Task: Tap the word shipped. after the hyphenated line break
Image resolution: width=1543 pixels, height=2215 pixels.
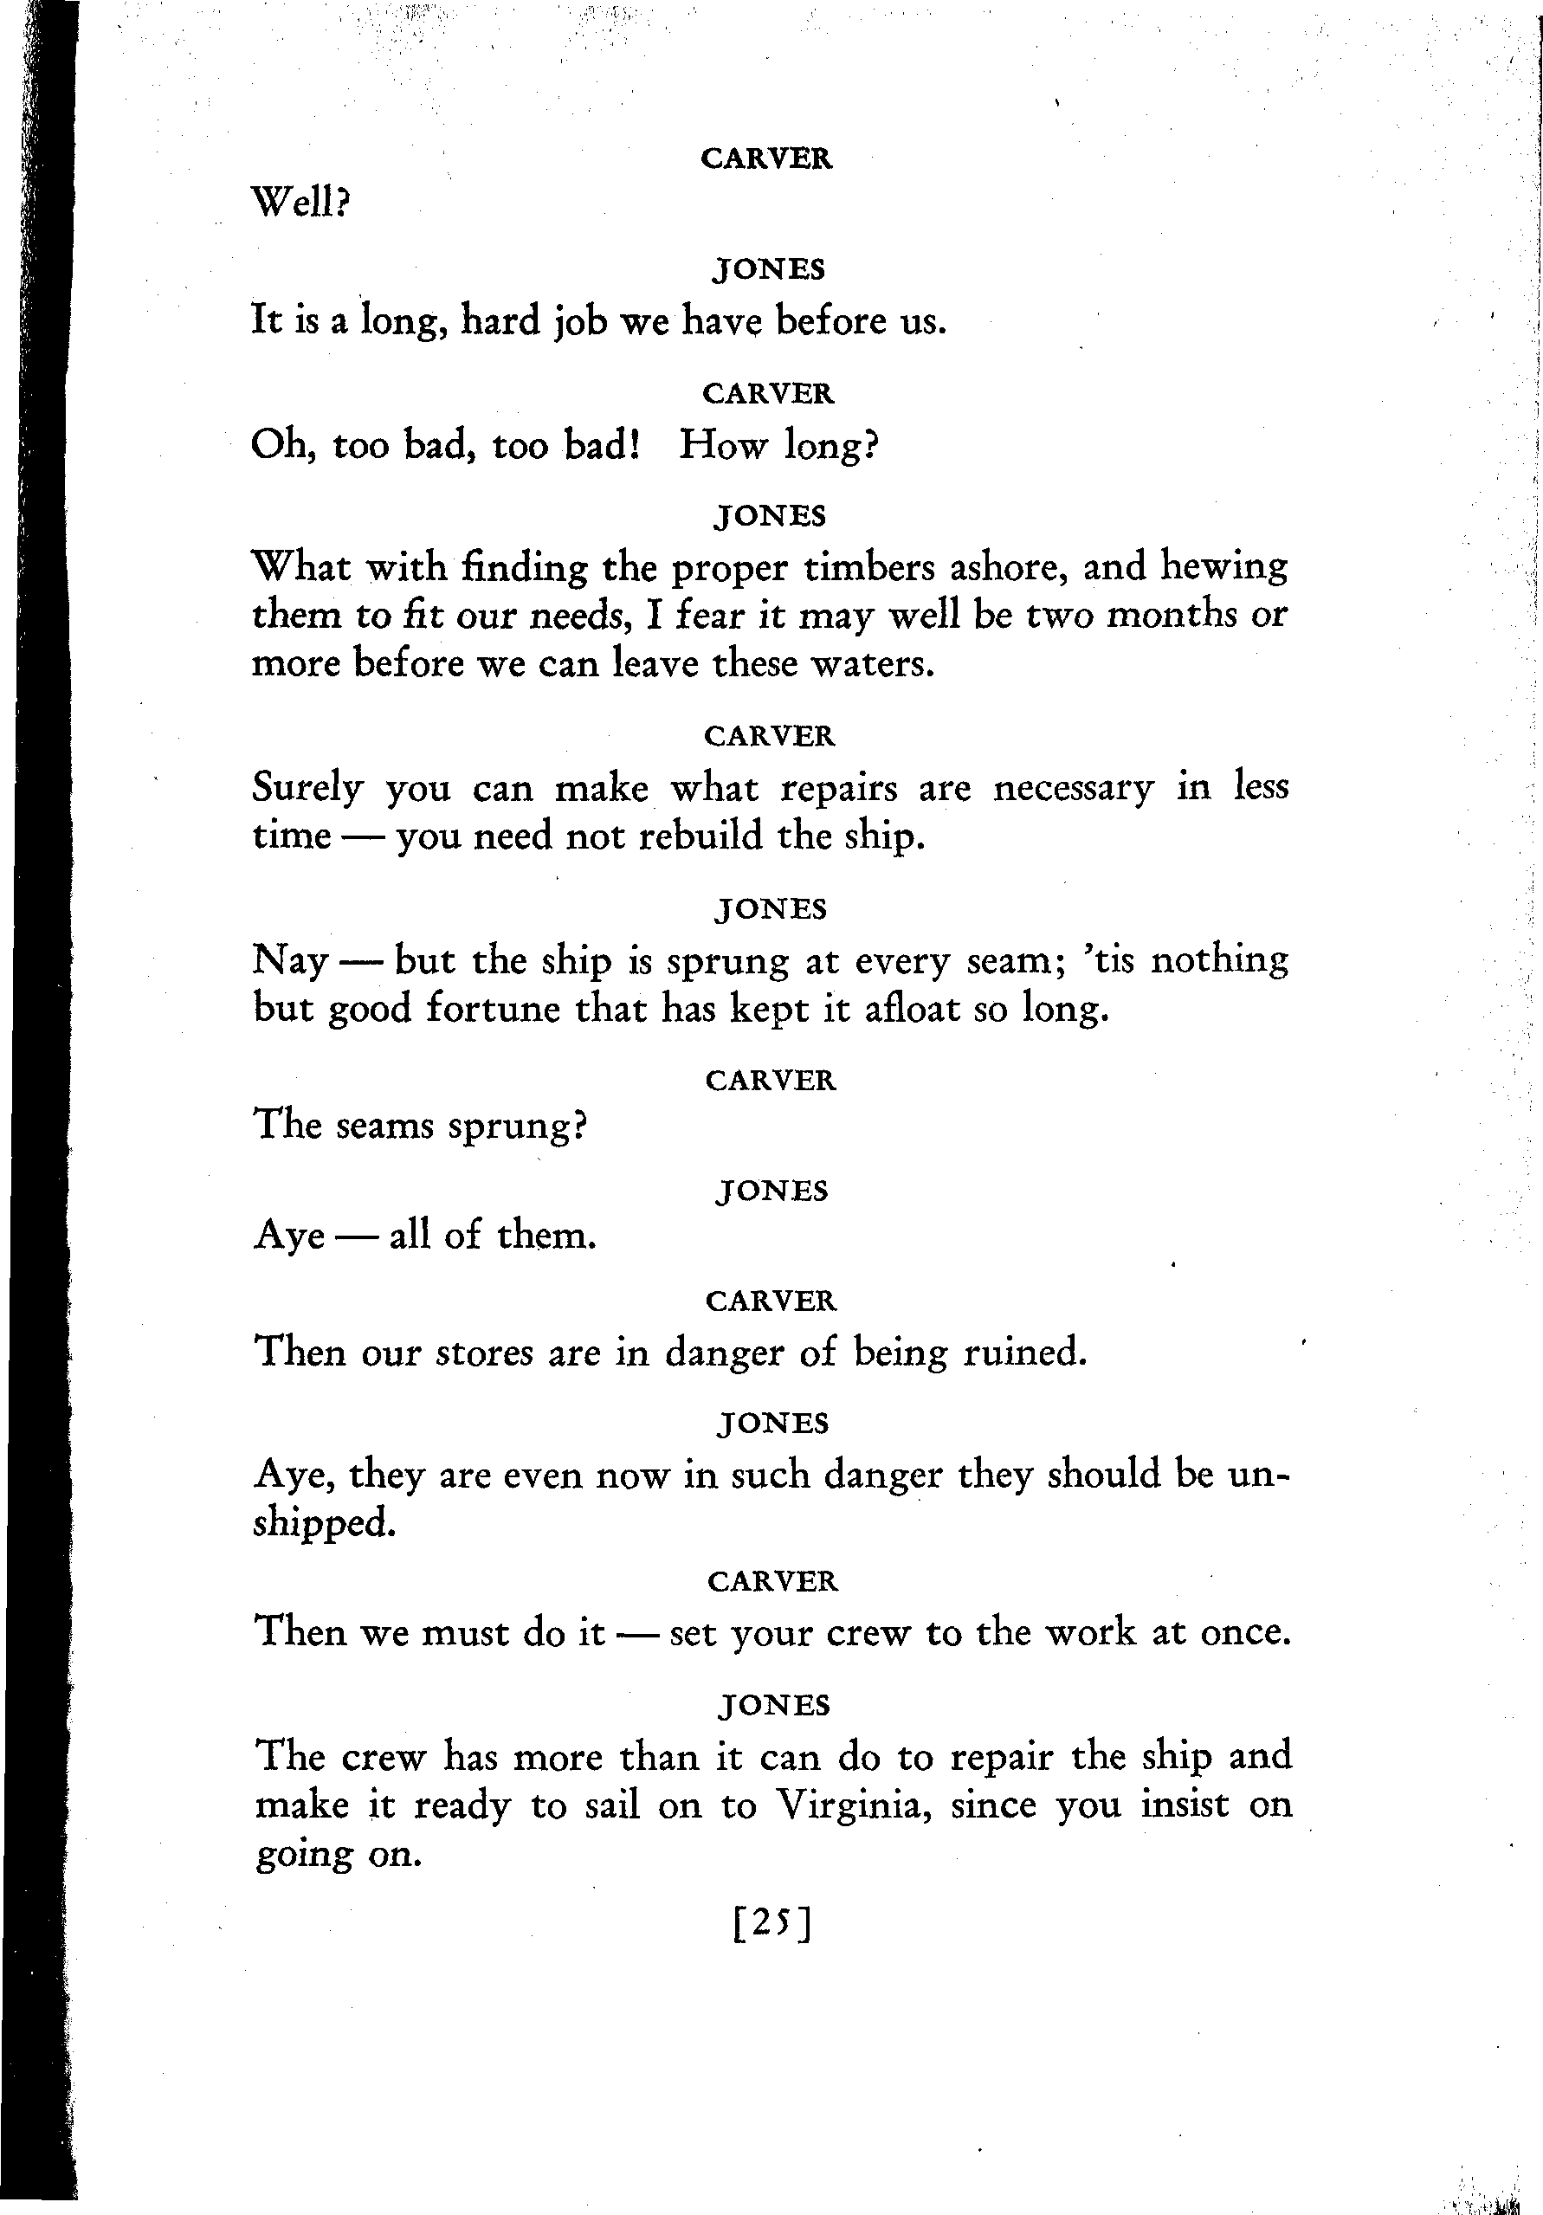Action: tap(324, 1524)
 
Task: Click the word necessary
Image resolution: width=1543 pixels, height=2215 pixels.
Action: tap(1072, 788)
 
